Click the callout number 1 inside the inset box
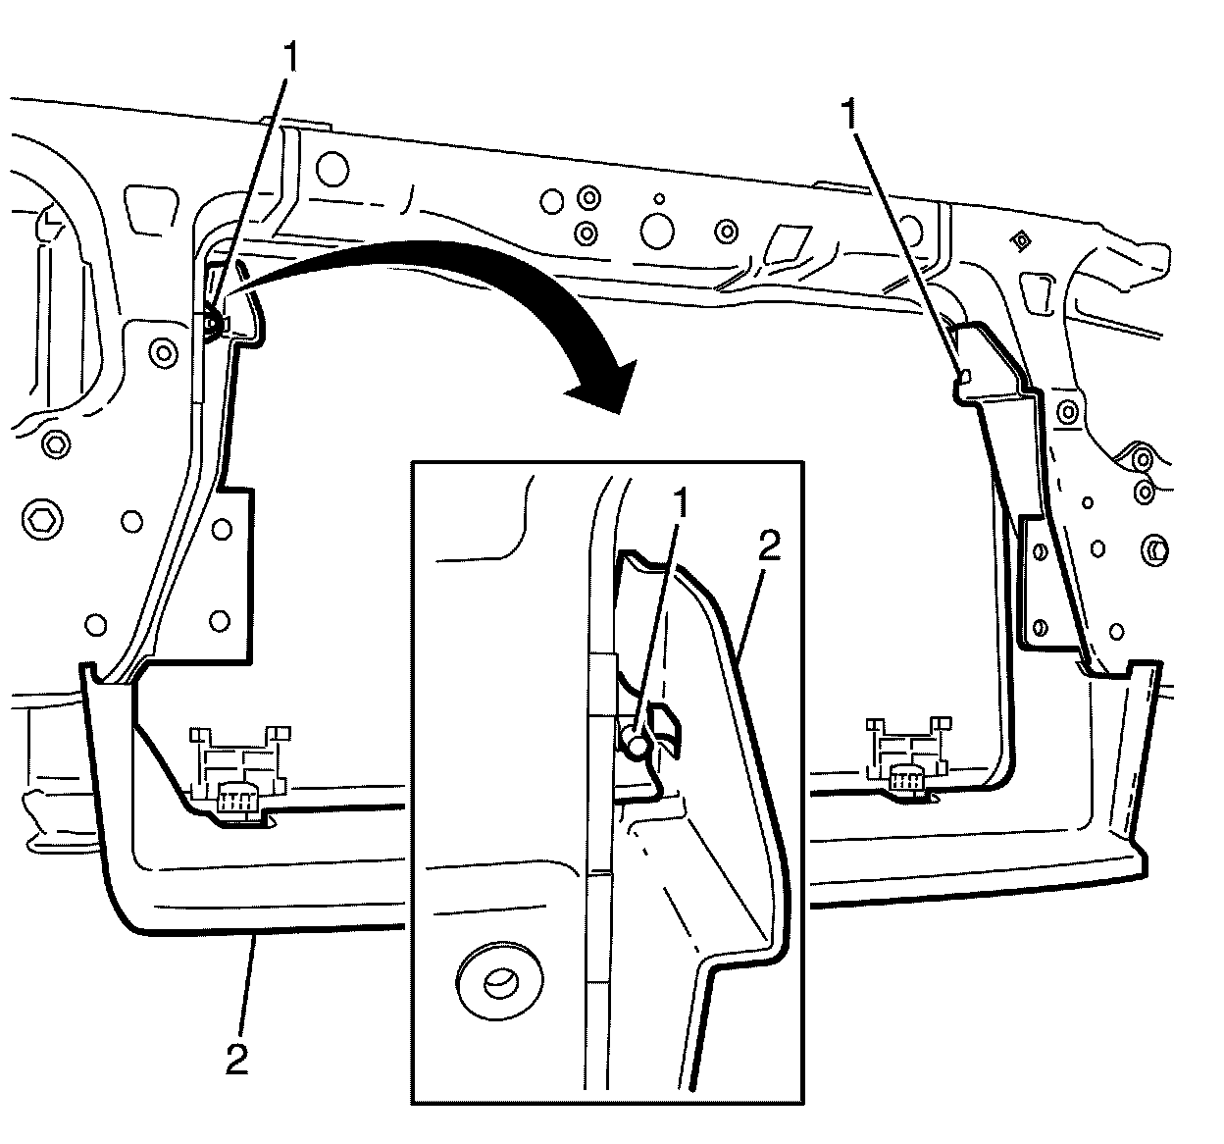point(680,506)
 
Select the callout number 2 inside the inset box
point(769,546)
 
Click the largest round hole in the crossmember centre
point(656,231)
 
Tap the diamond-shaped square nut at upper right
point(1022,238)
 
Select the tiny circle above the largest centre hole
point(659,198)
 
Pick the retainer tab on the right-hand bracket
point(963,374)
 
